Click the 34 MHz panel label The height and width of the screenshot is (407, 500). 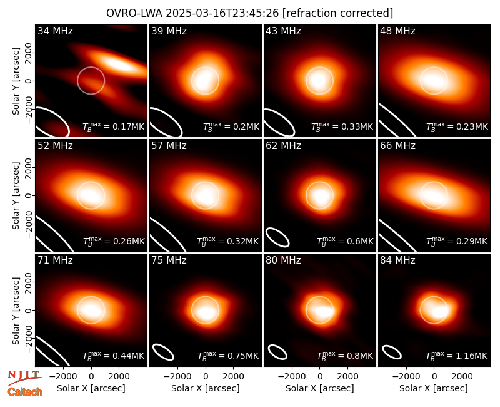pyautogui.click(x=55, y=31)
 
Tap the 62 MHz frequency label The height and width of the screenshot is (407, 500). pyautogui.click(x=283, y=146)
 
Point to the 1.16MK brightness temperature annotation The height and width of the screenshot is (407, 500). pyautogui.click(x=457, y=356)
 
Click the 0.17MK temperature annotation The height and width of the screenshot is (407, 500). pyautogui.click(x=114, y=126)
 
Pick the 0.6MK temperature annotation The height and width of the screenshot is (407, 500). pyautogui.click(x=345, y=241)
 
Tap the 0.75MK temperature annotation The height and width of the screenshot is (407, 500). pyautogui.click(x=228, y=356)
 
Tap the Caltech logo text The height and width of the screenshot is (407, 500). pyautogui.click(x=25, y=392)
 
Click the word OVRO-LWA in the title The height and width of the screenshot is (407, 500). pyautogui.click(x=134, y=13)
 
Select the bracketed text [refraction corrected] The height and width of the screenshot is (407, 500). pyautogui.click(x=337, y=13)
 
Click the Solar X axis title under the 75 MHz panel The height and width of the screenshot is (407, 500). pyautogui.click(x=206, y=388)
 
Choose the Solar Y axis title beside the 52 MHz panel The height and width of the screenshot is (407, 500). pyautogui.click(x=16, y=195)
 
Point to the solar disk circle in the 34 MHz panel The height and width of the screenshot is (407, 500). pyautogui.click(x=91, y=67)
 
